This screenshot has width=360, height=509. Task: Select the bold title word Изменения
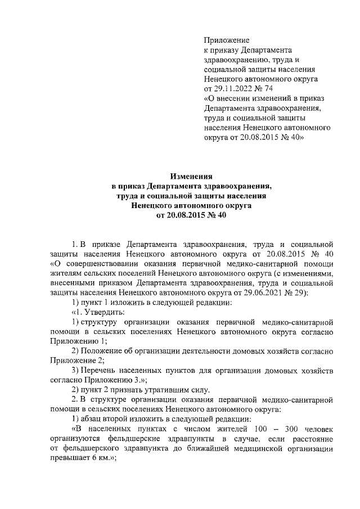191,176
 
